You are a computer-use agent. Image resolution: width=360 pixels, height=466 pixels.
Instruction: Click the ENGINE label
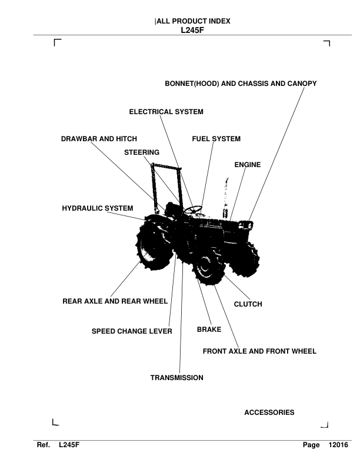248,165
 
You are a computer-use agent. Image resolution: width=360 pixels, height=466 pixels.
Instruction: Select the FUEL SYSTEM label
216,139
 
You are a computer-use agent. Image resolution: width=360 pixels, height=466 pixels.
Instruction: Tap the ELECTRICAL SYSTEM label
166,112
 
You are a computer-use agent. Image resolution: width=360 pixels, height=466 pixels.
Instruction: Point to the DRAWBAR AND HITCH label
99,139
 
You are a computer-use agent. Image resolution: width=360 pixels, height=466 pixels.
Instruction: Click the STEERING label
142,152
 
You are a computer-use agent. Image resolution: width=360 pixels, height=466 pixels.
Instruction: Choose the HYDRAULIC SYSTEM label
98,208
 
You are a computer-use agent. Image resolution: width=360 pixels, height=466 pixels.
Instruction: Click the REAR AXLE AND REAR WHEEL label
115,301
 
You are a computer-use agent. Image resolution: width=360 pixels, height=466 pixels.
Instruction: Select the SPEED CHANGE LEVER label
132,331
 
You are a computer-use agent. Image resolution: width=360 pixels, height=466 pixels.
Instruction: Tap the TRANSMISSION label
176,378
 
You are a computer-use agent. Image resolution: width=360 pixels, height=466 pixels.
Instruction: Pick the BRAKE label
209,329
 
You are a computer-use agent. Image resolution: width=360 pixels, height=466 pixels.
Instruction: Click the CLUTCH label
248,304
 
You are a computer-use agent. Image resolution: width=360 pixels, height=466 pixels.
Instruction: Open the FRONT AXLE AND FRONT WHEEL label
259,351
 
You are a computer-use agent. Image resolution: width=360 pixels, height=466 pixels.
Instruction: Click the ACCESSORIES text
269,412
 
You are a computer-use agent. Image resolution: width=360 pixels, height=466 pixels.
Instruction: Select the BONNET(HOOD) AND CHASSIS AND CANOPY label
241,84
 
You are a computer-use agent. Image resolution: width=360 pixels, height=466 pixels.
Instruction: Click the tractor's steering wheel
193,210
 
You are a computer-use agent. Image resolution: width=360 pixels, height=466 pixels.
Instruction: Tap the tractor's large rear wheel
153,247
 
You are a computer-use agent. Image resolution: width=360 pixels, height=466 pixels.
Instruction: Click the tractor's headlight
246,225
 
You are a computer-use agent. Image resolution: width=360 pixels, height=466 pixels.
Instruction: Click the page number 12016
338,445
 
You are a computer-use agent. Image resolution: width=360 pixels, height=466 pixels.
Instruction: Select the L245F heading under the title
192,30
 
